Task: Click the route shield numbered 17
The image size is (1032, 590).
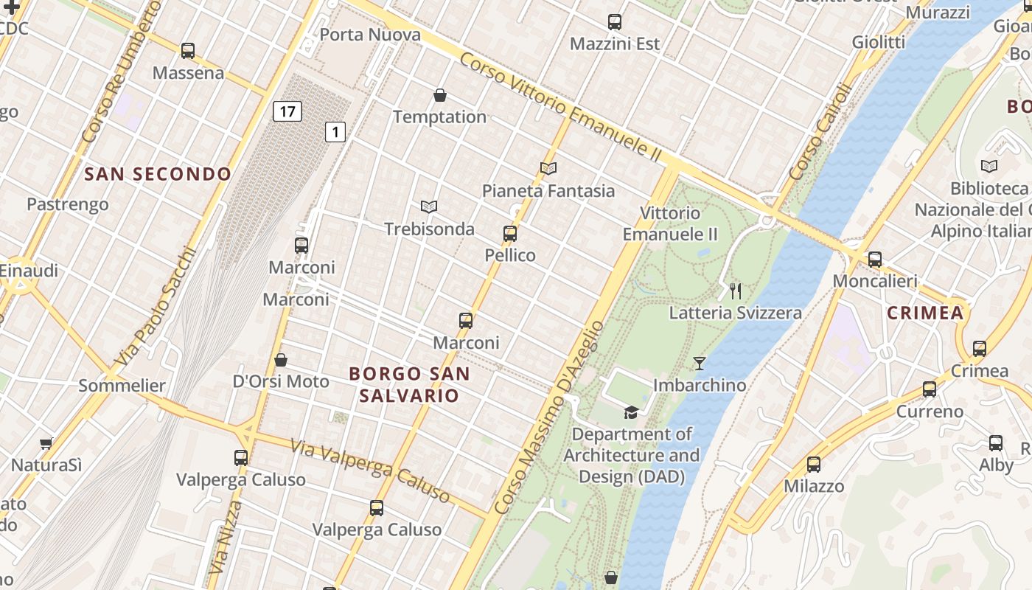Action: pyautogui.click(x=287, y=112)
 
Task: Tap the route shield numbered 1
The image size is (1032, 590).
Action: pyautogui.click(x=335, y=132)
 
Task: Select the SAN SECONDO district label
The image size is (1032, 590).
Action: pyautogui.click(x=158, y=174)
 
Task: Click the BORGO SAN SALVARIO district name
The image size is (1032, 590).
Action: pyautogui.click(x=409, y=384)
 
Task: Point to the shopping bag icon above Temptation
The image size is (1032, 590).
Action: pyautogui.click(x=440, y=95)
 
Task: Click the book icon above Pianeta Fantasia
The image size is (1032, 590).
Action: pyautogui.click(x=548, y=168)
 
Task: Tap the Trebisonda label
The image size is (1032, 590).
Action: pyautogui.click(x=429, y=229)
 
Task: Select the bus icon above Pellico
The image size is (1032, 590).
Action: pyautogui.click(x=509, y=234)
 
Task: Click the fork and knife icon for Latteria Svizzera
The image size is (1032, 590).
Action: pyautogui.click(x=735, y=291)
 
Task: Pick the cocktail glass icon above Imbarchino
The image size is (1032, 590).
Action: pyautogui.click(x=699, y=363)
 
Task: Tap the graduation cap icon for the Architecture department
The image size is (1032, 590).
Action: pyautogui.click(x=631, y=412)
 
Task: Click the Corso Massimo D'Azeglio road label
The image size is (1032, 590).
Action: pyautogui.click(x=549, y=417)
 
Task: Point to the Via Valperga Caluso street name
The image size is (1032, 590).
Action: pyautogui.click(x=369, y=470)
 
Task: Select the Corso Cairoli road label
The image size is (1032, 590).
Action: pyautogui.click(x=820, y=131)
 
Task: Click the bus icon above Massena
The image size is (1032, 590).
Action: pyautogui.click(x=188, y=51)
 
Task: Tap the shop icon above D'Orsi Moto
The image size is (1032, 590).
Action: pyautogui.click(x=280, y=360)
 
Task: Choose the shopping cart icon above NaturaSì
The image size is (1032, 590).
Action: pyautogui.click(x=46, y=443)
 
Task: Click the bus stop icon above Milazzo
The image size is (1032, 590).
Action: pyautogui.click(x=813, y=465)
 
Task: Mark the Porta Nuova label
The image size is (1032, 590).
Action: pyautogui.click(x=370, y=35)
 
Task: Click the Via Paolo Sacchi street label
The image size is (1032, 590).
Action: pyautogui.click(x=156, y=307)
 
